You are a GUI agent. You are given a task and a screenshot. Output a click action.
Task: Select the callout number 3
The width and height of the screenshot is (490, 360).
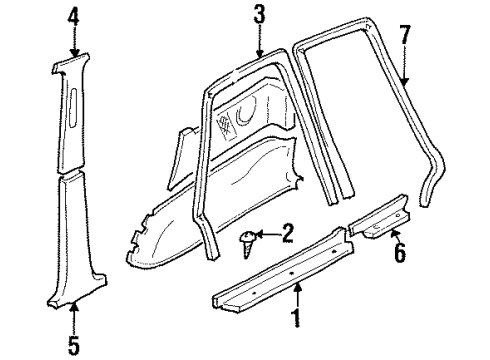coord(258,15)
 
